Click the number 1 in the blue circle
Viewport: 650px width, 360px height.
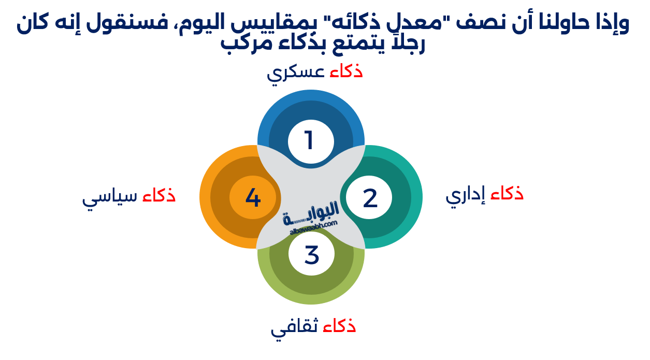point(309,140)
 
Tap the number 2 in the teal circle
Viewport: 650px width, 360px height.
point(370,198)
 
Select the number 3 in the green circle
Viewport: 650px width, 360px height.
point(311,254)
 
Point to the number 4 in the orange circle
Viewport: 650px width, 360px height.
point(253,198)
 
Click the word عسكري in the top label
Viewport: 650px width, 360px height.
point(296,73)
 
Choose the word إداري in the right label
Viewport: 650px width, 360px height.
point(466,195)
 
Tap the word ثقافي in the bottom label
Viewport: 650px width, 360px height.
point(296,328)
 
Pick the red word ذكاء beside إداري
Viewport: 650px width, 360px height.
point(507,193)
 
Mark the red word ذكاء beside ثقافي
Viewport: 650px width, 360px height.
point(340,326)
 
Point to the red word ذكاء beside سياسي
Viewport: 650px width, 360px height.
point(159,195)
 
